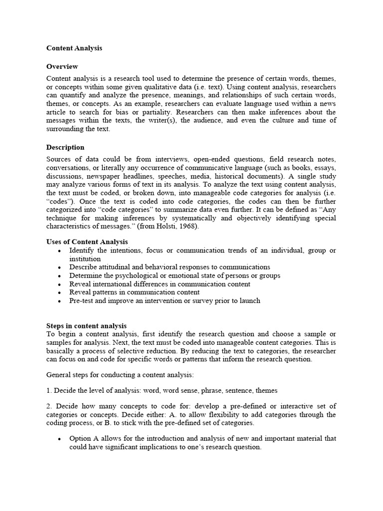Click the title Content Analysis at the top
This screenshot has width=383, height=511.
pyautogui.click(x=74, y=48)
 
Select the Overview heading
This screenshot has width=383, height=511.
pyautogui.click(x=62, y=67)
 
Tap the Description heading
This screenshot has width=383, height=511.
pyautogui.click(x=65, y=148)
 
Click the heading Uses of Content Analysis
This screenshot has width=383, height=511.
pyautogui.click(x=87, y=242)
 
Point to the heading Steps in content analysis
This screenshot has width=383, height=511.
pyautogui.click(x=86, y=326)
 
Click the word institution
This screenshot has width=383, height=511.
pyautogui.click(x=85, y=259)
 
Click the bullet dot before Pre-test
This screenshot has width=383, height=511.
pyautogui.click(x=59, y=301)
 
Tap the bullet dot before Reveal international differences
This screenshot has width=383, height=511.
pyautogui.click(x=59, y=284)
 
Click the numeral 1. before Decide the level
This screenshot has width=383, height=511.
pyautogui.click(x=49, y=391)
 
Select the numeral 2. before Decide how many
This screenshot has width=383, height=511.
pyautogui.click(x=49, y=406)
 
